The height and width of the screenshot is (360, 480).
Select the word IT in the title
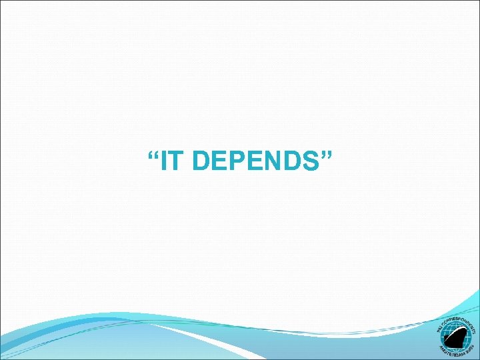[x=169, y=161]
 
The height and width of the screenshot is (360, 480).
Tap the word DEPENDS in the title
[x=253, y=161]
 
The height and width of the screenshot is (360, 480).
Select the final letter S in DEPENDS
[x=311, y=161]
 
